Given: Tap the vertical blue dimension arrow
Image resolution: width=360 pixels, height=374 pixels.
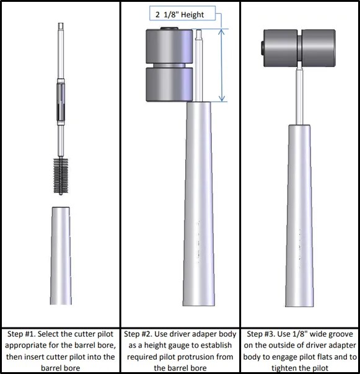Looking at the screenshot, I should point(222,65).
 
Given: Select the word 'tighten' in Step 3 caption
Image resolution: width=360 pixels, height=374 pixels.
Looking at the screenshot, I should point(286,368).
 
